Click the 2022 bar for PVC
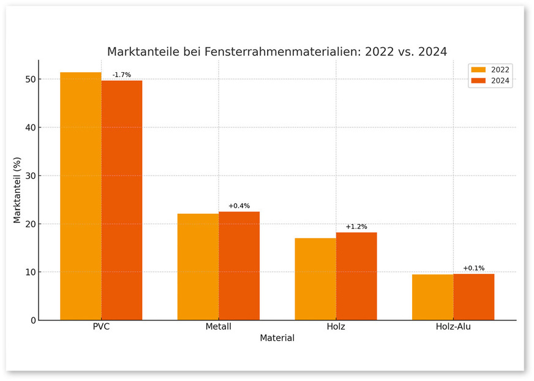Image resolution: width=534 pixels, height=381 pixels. [x=81, y=196]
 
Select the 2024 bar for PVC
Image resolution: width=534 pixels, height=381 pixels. [x=122, y=200]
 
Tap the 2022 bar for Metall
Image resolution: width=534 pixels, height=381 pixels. [x=198, y=267]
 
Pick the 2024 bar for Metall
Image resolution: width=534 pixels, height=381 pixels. [x=239, y=266]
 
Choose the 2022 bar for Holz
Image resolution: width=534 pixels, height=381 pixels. [x=315, y=279]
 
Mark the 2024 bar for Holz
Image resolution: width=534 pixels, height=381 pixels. [x=356, y=276]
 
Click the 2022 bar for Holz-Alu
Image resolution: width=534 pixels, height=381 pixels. [x=432, y=297]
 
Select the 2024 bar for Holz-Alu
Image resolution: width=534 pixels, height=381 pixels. [x=473, y=297]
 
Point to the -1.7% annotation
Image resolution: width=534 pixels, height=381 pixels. [x=121, y=75]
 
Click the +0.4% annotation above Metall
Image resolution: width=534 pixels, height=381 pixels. [x=239, y=206]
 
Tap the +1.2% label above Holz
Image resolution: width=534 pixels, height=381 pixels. [x=356, y=227]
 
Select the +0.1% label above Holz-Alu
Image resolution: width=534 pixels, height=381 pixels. [x=473, y=268]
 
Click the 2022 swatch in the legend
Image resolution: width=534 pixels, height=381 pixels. [x=478, y=70]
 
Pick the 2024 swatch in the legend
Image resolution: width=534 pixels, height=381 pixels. [x=478, y=81]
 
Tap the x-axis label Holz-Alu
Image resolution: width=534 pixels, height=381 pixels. [x=453, y=327]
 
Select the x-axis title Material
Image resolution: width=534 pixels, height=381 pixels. [x=277, y=338]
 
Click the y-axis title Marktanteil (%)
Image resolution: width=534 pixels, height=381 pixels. [x=17, y=190]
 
